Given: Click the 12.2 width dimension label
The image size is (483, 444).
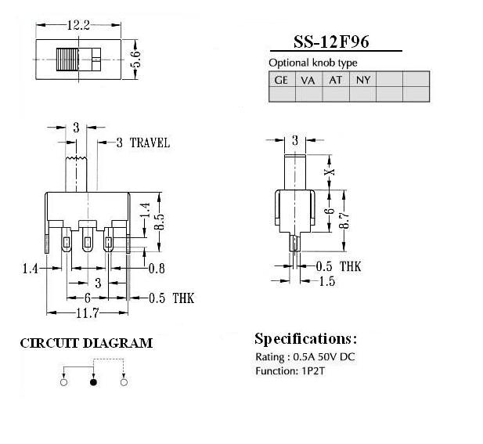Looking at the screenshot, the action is click(x=78, y=25).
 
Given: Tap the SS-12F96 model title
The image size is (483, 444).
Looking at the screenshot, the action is click(x=331, y=42).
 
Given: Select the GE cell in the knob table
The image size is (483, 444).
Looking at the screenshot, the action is click(x=281, y=80).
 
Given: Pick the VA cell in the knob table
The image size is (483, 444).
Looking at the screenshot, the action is click(x=308, y=80).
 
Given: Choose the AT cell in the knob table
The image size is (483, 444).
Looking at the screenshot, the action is click(x=336, y=80).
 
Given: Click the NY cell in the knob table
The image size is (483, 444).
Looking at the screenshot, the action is click(x=363, y=80).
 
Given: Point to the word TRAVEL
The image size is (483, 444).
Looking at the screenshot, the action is click(x=150, y=143).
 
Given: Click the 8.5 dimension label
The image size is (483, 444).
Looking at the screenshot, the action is click(x=160, y=222).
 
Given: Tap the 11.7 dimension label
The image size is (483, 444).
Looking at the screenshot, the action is click(x=88, y=313).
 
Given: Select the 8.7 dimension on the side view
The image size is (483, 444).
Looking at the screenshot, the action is click(x=344, y=220).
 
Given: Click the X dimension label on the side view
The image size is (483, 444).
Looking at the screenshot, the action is click(x=330, y=172).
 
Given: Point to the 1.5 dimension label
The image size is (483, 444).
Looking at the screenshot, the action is click(x=327, y=281).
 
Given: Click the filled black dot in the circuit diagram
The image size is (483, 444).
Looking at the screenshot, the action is click(x=93, y=382).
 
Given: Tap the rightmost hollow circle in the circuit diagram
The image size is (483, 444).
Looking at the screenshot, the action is click(x=124, y=382).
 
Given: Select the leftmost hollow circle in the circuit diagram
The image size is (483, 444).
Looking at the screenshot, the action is click(x=63, y=382).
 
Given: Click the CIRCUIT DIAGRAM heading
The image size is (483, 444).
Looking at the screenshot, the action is click(x=86, y=343).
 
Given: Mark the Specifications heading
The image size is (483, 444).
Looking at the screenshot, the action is click(x=306, y=339).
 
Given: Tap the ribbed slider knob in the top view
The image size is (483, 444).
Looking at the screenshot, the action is click(x=68, y=60).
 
